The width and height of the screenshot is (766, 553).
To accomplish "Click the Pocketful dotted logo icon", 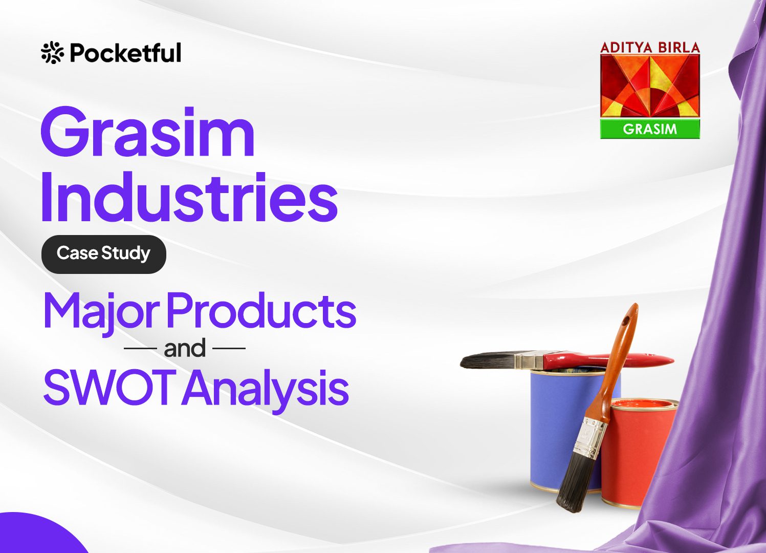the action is click(x=52, y=52).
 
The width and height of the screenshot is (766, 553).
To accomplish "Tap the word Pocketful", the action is click(x=125, y=53).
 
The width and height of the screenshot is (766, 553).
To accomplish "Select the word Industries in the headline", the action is click(x=189, y=198).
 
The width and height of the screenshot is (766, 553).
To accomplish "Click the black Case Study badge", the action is click(x=103, y=254).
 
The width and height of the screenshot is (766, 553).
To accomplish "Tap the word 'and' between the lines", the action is click(x=185, y=348).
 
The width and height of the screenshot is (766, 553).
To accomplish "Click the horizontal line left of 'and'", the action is click(x=140, y=348).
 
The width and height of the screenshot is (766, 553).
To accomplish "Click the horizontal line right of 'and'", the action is click(x=229, y=348).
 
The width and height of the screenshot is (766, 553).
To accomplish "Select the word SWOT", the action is click(x=106, y=387).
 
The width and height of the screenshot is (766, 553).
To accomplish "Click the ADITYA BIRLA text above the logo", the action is click(x=650, y=47).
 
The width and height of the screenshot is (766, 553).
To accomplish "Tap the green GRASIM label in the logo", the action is click(x=650, y=129).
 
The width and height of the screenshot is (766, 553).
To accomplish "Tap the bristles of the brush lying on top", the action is click(x=487, y=360).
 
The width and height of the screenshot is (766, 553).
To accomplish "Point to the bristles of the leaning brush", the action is click(x=575, y=482).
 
